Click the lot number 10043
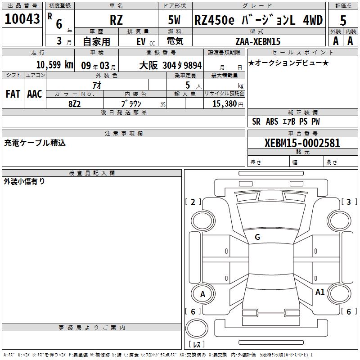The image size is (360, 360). click(x=22, y=19)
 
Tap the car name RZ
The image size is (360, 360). click(x=116, y=20)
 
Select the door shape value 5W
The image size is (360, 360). click(x=174, y=20)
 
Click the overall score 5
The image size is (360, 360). click(x=343, y=20)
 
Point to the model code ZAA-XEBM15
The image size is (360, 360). click(x=258, y=41)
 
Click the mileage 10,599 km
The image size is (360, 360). click(x=55, y=65)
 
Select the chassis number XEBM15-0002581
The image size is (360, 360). click(x=302, y=143)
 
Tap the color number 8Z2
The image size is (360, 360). click(x=74, y=104)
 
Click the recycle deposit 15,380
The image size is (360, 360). click(x=224, y=103)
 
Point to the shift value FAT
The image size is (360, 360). click(x=13, y=94)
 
